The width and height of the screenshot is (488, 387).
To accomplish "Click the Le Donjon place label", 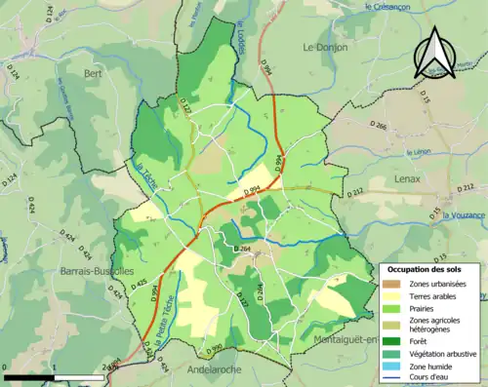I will coord(324,46).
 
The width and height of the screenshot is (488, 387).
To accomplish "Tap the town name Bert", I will coord(94,73).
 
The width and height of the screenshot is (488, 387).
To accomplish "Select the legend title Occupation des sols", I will coord(425,269).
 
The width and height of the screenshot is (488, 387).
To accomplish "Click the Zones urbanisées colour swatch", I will coord(392,284).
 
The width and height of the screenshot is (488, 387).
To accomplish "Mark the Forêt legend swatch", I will coord(392,340).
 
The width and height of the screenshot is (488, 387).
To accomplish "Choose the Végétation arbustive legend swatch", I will coord(392,352).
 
